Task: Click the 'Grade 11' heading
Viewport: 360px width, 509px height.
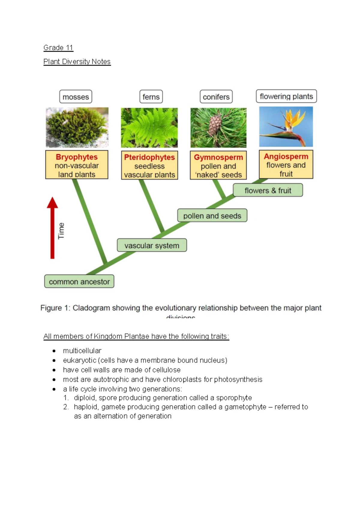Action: tap(58, 48)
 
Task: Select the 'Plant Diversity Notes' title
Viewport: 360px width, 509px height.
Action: tap(77, 62)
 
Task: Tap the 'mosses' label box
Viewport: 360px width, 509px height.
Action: tap(76, 97)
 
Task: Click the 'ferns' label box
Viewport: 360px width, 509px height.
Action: tap(151, 97)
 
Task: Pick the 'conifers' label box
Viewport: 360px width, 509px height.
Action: tap(216, 97)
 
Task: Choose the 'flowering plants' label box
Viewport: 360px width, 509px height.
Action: tap(286, 96)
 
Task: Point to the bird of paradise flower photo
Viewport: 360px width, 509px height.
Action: tap(286, 127)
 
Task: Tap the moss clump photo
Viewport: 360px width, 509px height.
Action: tap(77, 128)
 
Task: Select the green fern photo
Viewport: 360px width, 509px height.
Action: tap(149, 128)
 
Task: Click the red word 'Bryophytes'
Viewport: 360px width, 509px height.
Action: tap(77, 157)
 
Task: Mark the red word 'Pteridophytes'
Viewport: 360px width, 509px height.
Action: tap(149, 157)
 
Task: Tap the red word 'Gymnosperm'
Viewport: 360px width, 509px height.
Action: tap(218, 157)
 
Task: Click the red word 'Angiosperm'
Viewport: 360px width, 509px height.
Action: tap(286, 156)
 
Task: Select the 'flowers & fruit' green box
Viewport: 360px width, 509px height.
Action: tap(268, 191)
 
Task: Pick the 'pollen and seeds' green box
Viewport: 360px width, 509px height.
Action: tap(212, 216)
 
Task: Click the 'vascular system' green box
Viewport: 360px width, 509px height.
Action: tap(152, 245)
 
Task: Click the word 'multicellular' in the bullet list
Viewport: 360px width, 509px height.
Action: tap(82, 351)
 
